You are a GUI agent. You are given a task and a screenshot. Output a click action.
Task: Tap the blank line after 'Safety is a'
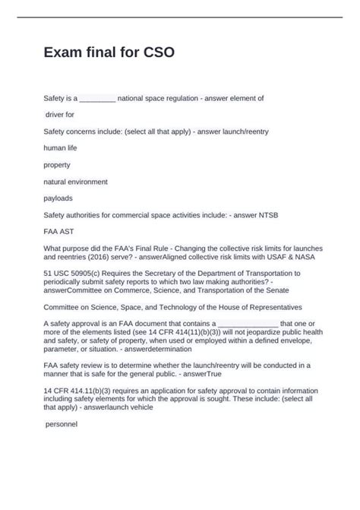pyautogui.click(x=97, y=99)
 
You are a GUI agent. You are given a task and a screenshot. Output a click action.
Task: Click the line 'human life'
pyautogui.click(x=61, y=147)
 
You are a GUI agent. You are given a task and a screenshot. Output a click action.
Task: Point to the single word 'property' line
pyautogui.click(x=58, y=164)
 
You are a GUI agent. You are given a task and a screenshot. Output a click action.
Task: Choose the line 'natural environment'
pyautogui.click(x=76, y=182)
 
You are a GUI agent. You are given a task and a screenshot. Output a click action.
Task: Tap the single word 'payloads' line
pyautogui.click(x=58, y=198)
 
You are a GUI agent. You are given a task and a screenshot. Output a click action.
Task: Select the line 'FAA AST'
pyautogui.click(x=60, y=232)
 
